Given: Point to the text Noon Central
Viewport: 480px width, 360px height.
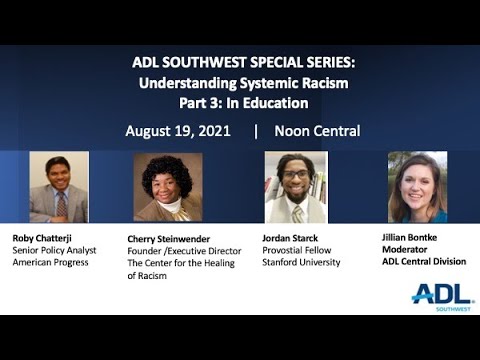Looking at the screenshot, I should click(317, 131).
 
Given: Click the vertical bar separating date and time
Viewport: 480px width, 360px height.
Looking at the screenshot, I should click(256, 131).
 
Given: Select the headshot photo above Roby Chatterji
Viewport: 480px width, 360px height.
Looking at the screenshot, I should click(59, 186).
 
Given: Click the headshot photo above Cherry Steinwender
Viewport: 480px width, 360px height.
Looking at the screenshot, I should click(168, 186).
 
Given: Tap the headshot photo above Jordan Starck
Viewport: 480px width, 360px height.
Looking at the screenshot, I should click(295, 186).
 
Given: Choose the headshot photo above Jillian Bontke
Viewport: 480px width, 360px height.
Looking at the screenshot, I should click(417, 186).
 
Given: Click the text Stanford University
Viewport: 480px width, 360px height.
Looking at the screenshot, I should click(301, 262).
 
